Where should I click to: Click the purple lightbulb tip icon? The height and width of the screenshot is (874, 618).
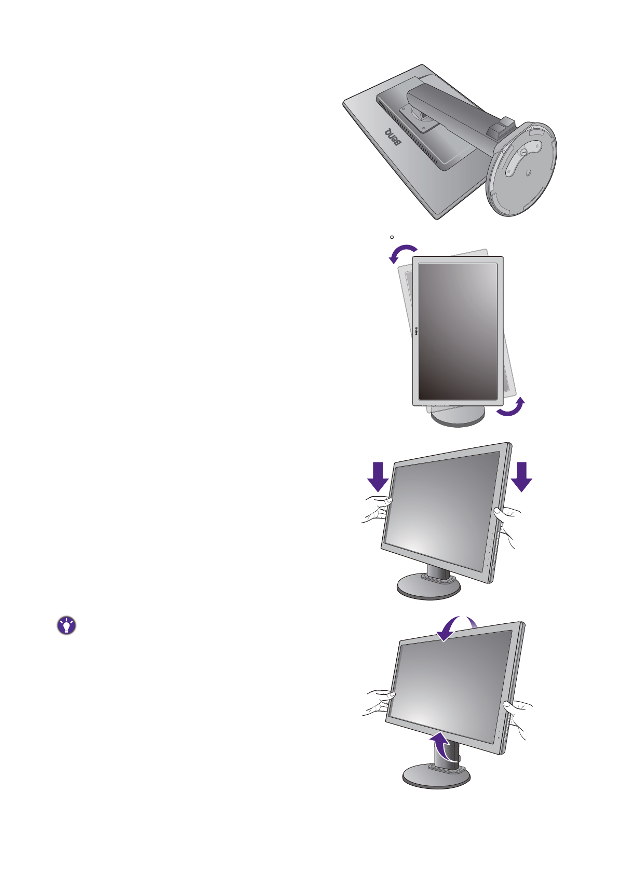tap(66, 626)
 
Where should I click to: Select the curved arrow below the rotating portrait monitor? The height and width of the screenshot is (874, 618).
tap(511, 408)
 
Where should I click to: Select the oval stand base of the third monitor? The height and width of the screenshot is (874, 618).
tap(428, 589)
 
